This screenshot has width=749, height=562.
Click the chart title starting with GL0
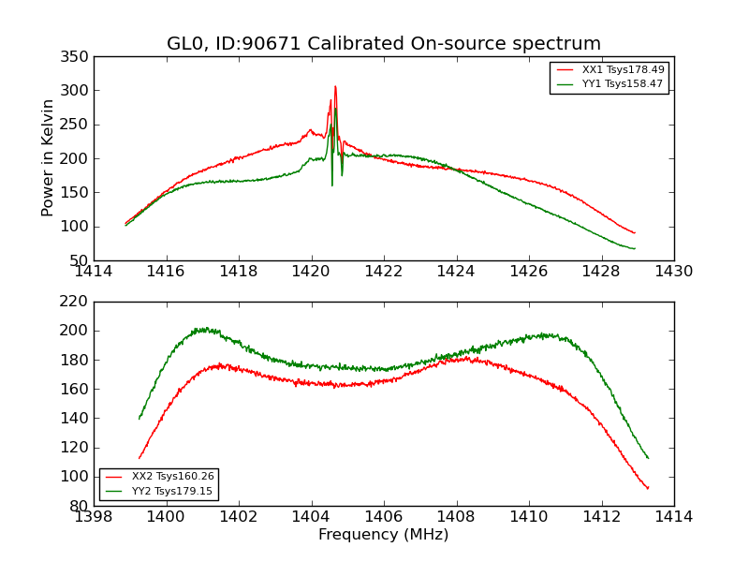[x=384, y=44]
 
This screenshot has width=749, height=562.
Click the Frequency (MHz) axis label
[x=383, y=535]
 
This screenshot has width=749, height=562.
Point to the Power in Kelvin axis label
[x=49, y=157]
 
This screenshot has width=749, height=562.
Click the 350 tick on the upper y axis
[x=78, y=57]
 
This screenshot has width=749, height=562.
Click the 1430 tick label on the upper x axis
[x=674, y=272]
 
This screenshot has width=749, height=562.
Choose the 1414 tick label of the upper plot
[x=95, y=272]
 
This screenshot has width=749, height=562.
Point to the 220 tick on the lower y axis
[x=78, y=302]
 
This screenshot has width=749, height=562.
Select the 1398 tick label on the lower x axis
[x=95, y=517]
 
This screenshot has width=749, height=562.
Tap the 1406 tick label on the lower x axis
[x=384, y=517]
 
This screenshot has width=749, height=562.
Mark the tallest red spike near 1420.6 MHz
[x=335, y=87]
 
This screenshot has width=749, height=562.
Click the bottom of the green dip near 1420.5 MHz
[x=331, y=185]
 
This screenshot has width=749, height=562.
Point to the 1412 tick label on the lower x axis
[x=602, y=517]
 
